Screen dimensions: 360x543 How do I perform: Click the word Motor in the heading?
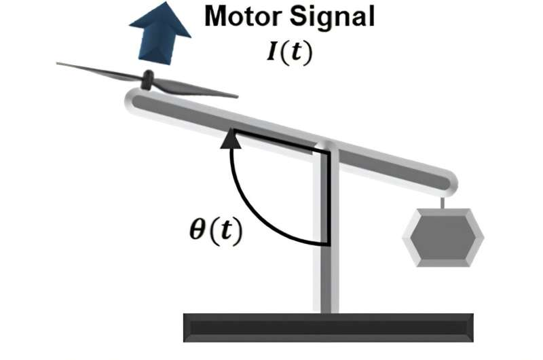[x=243, y=18]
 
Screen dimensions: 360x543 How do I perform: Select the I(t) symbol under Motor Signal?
[x=288, y=52]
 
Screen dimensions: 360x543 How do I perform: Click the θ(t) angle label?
[x=215, y=231]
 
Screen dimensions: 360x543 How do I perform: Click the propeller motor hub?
[x=147, y=81]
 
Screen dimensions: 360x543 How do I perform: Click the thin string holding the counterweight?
[x=443, y=202]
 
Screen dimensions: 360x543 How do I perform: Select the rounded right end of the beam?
[x=448, y=182]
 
